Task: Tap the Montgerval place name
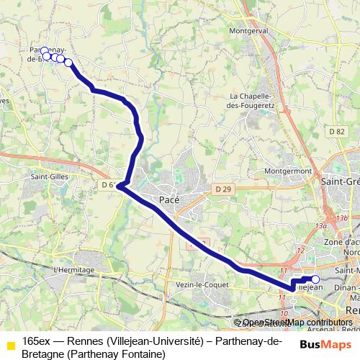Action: pos(248,32)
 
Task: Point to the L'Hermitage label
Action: pos(74,270)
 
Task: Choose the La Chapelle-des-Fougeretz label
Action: pos(253,101)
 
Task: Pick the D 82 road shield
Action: pos(335,131)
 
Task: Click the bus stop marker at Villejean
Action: pos(315,279)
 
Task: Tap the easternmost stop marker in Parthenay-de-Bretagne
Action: pos(68,62)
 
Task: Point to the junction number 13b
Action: pos(341,218)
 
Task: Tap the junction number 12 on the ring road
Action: pos(300,250)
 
